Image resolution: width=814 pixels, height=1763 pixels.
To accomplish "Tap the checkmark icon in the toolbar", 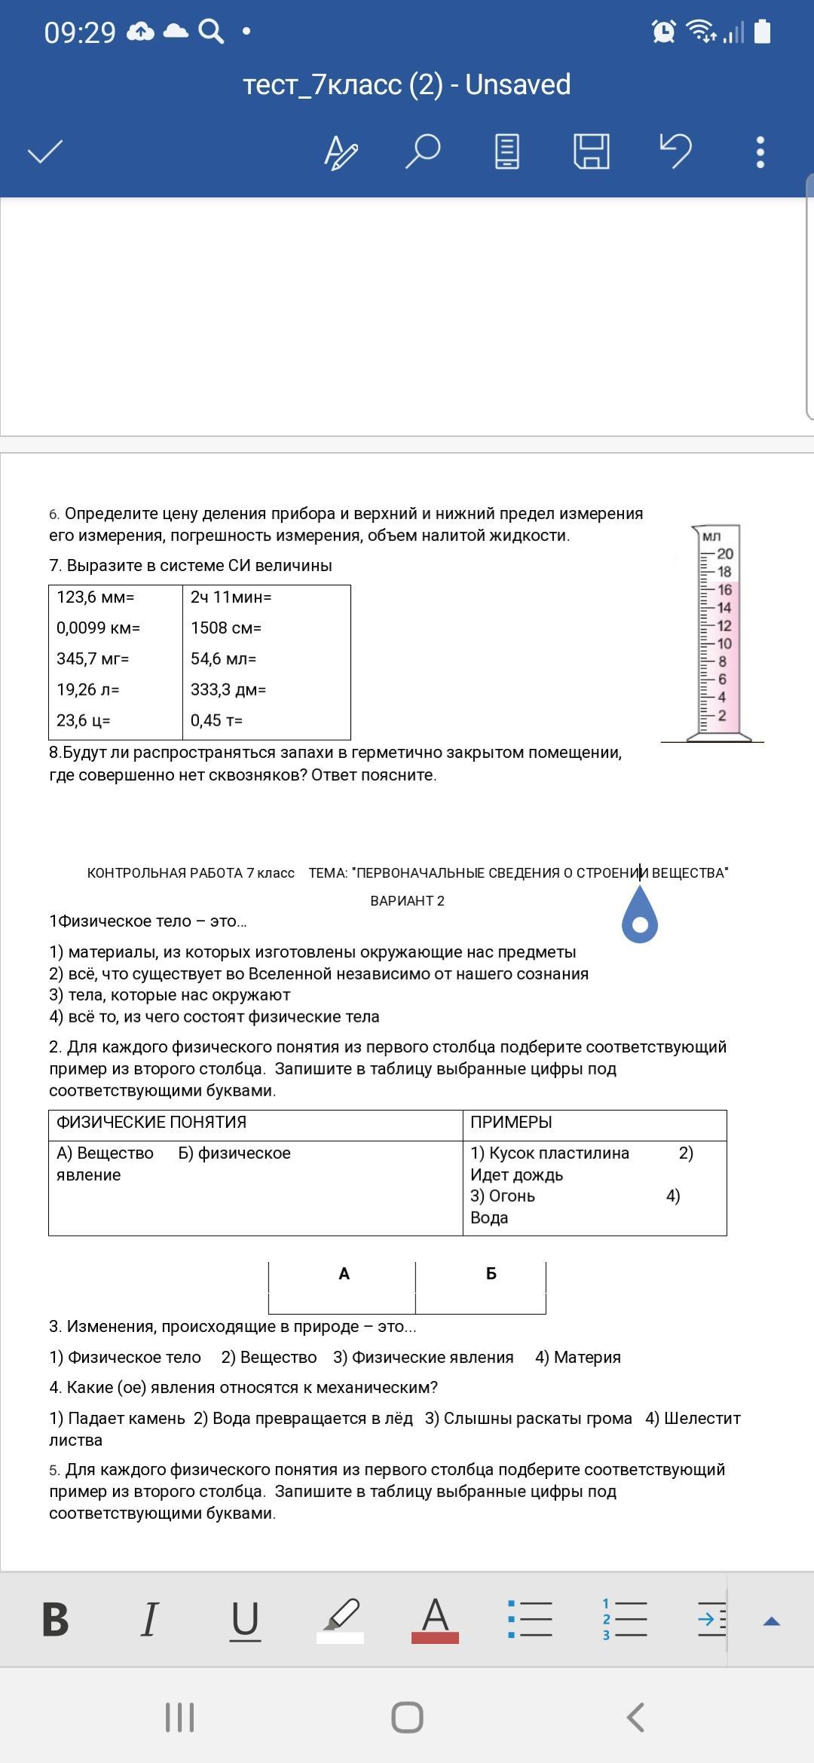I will (45, 151).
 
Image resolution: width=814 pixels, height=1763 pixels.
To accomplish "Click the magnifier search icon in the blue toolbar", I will (423, 151).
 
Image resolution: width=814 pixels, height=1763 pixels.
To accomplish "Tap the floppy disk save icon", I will (592, 151).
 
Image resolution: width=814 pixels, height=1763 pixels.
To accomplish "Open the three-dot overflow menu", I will (760, 152).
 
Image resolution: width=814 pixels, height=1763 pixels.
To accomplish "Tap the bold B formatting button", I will (56, 1619).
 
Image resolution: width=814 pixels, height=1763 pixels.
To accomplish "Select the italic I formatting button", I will (150, 1619).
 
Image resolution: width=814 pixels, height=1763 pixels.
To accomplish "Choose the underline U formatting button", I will (244, 1619).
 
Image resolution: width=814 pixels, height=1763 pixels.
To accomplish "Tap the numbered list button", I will (624, 1619).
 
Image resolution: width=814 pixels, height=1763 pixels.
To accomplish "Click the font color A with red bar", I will (435, 1619).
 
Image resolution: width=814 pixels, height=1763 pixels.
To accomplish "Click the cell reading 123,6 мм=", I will (96, 597).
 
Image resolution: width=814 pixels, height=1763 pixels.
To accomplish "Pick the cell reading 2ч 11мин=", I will (231, 597).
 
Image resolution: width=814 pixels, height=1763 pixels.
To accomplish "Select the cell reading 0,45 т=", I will (216, 721).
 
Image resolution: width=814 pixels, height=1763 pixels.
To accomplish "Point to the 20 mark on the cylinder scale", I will (725, 554).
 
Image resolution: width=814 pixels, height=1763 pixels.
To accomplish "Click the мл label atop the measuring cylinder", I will (711, 536).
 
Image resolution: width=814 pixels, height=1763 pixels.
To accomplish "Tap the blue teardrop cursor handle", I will (640, 916).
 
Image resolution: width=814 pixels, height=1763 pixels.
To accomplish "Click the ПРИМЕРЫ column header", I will (511, 1123).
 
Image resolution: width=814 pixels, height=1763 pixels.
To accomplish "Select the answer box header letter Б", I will (491, 1274).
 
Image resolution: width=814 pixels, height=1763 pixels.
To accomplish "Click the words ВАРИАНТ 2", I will (407, 901).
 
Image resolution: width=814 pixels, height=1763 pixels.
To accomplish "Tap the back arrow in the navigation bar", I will (635, 1717).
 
